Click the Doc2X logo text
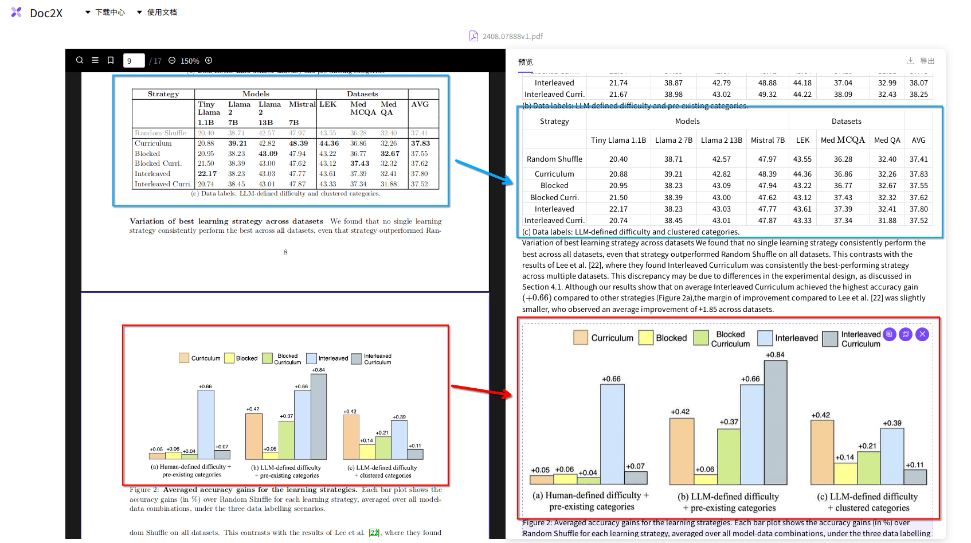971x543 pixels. (x=46, y=13)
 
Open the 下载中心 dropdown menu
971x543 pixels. (x=105, y=12)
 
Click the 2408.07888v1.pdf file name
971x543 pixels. (x=512, y=36)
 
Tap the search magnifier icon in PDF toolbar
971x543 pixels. (x=80, y=60)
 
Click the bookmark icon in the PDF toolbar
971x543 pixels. (x=111, y=60)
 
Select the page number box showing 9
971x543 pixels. (x=134, y=61)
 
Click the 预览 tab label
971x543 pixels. (x=525, y=62)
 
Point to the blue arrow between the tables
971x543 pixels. (x=484, y=171)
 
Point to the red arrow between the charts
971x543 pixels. (x=481, y=390)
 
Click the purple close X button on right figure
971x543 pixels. (x=922, y=334)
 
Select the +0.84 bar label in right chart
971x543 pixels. (x=775, y=355)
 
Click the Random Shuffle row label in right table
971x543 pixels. (x=554, y=159)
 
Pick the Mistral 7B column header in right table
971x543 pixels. (x=768, y=140)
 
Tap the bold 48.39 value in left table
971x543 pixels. (x=298, y=143)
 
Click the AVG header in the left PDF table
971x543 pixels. (x=420, y=104)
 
